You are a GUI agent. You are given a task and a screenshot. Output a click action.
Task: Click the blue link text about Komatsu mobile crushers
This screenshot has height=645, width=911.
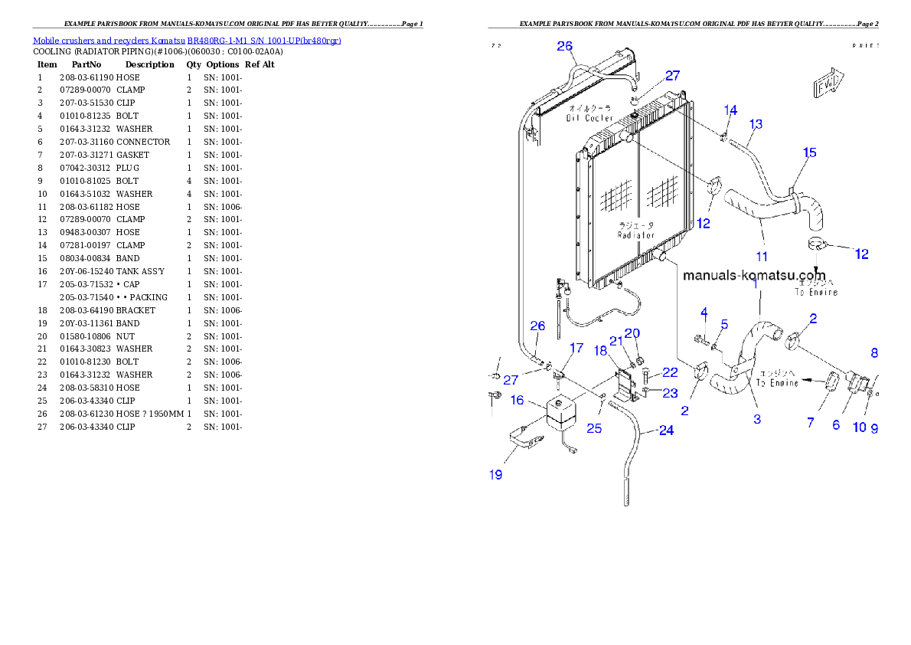pyautogui.click(x=187, y=41)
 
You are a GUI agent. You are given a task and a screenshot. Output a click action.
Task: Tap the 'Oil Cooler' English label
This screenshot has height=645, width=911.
pyautogui.click(x=589, y=118)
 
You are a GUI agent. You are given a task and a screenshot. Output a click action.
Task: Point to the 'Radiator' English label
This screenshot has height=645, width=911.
pyautogui.click(x=636, y=235)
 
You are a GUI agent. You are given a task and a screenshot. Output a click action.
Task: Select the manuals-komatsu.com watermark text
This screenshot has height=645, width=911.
pyautogui.click(x=754, y=275)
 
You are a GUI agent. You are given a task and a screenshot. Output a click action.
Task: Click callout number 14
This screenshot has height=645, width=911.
pyautogui.click(x=730, y=110)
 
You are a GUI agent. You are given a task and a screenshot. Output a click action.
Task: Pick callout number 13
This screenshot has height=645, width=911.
pyautogui.click(x=756, y=124)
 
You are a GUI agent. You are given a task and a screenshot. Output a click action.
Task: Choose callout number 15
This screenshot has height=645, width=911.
pyautogui.click(x=809, y=153)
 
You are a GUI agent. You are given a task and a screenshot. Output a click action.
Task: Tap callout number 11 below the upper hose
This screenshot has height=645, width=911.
pyautogui.click(x=762, y=257)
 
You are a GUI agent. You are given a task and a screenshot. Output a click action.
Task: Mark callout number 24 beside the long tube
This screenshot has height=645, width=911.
pyautogui.click(x=666, y=431)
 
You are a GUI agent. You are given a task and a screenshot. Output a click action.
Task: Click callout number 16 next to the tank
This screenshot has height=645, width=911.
pyautogui.click(x=517, y=401)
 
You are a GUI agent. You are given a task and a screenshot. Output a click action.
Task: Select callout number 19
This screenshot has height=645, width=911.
pyautogui.click(x=496, y=475)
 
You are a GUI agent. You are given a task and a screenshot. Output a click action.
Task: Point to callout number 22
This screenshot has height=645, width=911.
pyautogui.click(x=670, y=372)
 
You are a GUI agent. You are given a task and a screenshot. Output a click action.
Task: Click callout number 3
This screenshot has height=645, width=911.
pyautogui.click(x=757, y=419)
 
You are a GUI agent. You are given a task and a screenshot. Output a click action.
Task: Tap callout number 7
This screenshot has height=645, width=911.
pyautogui.click(x=811, y=422)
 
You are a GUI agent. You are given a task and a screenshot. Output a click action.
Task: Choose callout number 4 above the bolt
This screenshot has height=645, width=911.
pyautogui.click(x=704, y=312)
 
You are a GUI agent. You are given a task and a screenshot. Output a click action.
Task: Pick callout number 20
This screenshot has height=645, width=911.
pyautogui.click(x=632, y=333)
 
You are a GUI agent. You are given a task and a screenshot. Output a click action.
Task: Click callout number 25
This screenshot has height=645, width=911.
pyautogui.click(x=594, y=428)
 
